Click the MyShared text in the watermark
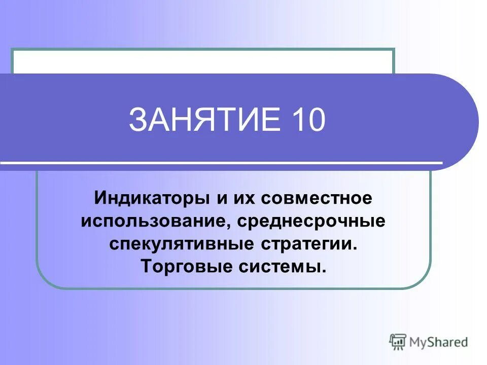tap(438, 342)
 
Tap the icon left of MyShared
tap(398, 342)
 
